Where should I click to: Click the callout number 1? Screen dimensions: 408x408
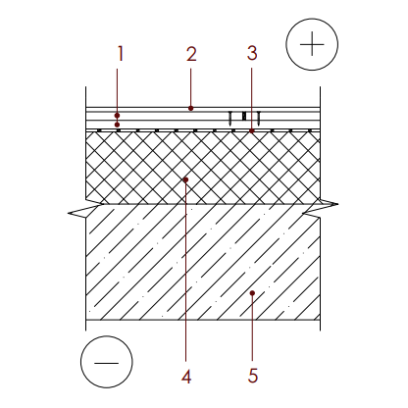pos(121,54)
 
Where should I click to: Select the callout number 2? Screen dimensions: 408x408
pos(191,54)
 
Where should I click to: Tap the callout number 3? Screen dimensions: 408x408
pos(252,53)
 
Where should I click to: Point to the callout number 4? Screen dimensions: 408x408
pos(186,377)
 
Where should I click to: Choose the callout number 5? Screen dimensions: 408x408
pos(253,376)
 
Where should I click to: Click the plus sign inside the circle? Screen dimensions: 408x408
pos(312,44)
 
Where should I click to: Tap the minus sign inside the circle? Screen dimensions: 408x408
pos(107,363)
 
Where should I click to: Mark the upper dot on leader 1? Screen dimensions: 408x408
pos(117,116)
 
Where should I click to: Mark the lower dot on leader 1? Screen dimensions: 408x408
pos(117,125)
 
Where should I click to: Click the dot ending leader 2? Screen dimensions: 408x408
pos(191,108)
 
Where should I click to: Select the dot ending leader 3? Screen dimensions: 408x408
pos(252,130)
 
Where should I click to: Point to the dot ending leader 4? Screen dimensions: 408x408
pos(185,179)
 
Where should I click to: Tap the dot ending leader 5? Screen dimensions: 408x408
pos(252,293)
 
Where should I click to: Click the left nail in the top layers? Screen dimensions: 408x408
pos(230,119)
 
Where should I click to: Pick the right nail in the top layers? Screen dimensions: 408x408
pos(259,119)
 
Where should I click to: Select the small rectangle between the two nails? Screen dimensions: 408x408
pos(244,117)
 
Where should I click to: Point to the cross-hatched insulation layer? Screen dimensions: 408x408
pos(203,168)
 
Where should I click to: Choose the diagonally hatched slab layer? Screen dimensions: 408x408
pos(203,262)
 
